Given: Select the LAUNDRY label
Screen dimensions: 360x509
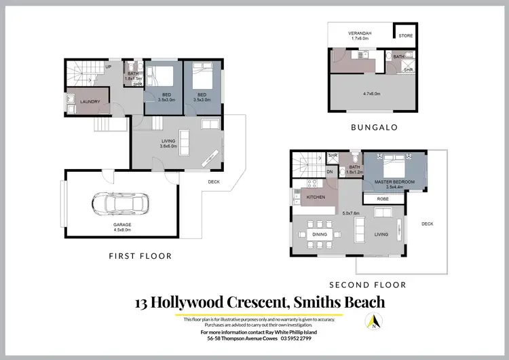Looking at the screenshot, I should (90, 102).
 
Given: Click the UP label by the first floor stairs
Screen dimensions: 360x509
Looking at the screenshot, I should (108, 67).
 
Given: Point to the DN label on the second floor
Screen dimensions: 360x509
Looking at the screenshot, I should (330, 172).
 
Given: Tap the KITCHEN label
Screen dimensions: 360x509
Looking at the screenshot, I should (316, 197).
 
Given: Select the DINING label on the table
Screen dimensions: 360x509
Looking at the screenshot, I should (320, 235).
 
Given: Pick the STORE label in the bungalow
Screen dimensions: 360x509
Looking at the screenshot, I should (406, 36).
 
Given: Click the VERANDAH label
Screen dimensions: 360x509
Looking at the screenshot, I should (360, 34).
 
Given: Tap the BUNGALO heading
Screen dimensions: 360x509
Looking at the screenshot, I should (373, 126).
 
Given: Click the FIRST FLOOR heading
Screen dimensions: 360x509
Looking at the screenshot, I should (140, 256).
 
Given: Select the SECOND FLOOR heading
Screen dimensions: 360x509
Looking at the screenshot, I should (367, 285).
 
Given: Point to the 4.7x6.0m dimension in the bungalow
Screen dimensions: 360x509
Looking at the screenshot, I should (371, 94).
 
